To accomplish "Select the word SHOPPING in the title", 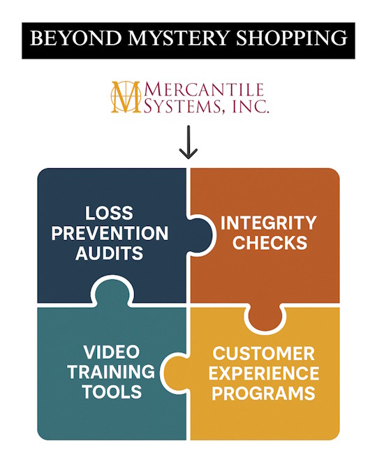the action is pos(292,38).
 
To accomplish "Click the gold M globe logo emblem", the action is pos(126,97).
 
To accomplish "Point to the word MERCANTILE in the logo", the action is pos(204,89).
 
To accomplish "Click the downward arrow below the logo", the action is pos(188,142).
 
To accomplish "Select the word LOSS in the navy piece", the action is pos(109,213).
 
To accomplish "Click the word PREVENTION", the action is pos(110,233).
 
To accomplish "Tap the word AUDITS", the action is pos(109,253).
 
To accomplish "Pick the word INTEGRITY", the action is pos(269,223).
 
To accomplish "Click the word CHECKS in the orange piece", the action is pos(270,243).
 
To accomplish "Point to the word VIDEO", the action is pos(112,352).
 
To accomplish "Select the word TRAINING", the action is pos(111,372).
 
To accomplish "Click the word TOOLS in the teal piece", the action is pos(112,391).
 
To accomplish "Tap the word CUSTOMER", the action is pos(264,354).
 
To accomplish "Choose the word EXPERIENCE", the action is pos(264,373).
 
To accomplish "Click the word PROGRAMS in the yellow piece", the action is pos(264,394).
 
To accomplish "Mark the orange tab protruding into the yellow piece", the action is pos(265,316).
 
